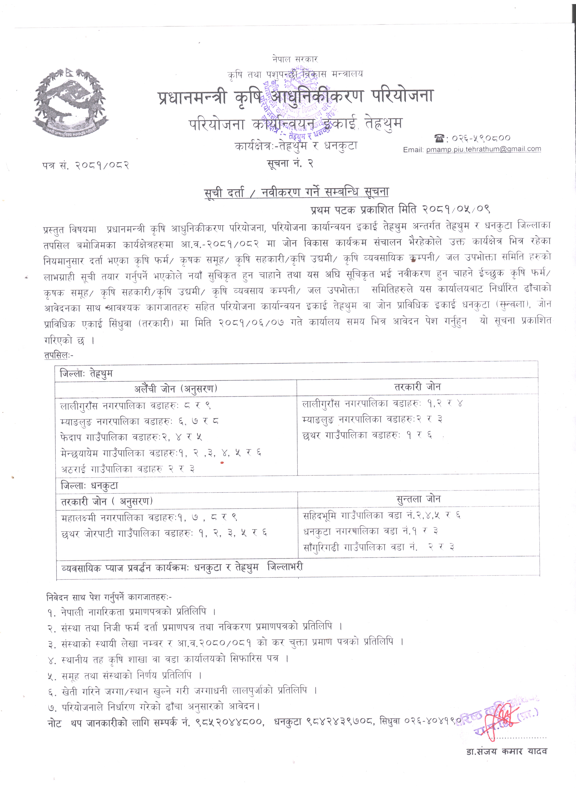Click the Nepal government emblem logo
tap(71, 101)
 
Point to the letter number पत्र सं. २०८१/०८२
tap(86, 165)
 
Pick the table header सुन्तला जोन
tap(418, 499)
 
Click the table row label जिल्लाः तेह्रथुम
tap(86, 373)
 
